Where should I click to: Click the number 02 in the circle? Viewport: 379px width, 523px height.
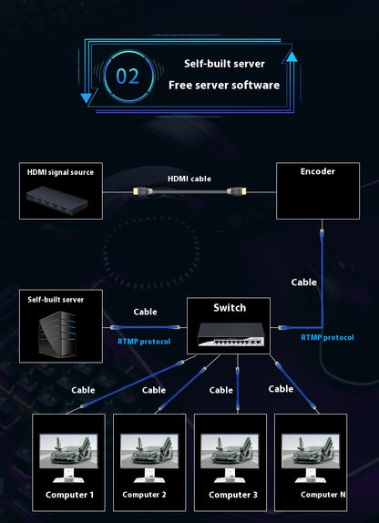[x=128, y=76]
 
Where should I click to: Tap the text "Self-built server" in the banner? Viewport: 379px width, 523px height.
[x=224, y=64]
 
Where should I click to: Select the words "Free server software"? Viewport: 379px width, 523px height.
[x=224, y=85]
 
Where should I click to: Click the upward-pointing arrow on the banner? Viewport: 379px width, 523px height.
[x=290, y=57]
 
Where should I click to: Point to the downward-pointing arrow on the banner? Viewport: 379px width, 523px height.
[x=86, y=97]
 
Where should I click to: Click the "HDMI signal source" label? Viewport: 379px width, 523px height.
[x=60, y=172]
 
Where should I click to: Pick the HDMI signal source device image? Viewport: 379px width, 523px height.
[x=57, y=200]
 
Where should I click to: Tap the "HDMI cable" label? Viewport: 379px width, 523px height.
[x=189, y=179]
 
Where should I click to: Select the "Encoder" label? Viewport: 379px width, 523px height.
[x=318, y=171]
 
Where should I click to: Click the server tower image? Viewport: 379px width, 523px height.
[x=56, y=332]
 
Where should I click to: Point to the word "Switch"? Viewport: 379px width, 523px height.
[x=230, y=308]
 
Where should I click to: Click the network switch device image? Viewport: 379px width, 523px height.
[x=230, y=334]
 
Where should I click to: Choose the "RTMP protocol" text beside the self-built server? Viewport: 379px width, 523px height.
[x=144, y=342]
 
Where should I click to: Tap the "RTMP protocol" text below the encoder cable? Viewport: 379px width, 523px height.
[x=327, y=337]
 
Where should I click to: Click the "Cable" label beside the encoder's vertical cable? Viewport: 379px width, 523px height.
[x=303, y=282]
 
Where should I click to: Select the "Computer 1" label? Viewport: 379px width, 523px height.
[x=70, y=495]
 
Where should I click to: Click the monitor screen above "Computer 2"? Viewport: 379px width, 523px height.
[x=149, y=451]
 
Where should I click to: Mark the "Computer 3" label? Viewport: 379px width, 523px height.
[x=233, y=495]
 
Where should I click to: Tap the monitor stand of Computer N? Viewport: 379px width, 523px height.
[x=311, y=476]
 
